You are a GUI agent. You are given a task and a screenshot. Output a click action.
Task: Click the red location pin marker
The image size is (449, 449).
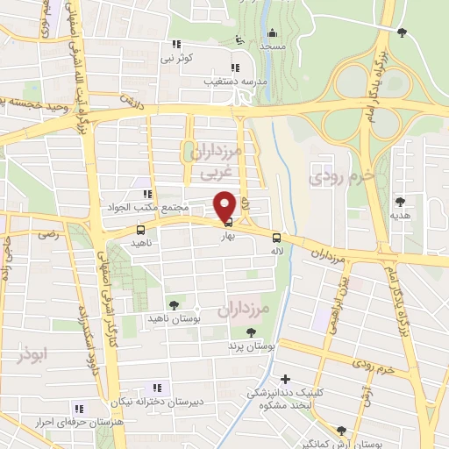[x=224, y=204]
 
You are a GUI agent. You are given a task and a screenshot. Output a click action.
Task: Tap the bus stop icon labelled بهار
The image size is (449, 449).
[x=229, y=223]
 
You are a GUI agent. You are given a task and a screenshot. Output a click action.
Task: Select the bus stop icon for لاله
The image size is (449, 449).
[x=277, y=236]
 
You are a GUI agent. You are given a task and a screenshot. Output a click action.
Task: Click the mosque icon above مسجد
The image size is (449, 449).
[x=272, y=33]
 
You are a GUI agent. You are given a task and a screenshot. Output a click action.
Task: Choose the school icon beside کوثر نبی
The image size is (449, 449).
[x=176, y=44]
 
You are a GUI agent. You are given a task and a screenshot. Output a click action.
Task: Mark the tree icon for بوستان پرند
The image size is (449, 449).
[x=252, y=332]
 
